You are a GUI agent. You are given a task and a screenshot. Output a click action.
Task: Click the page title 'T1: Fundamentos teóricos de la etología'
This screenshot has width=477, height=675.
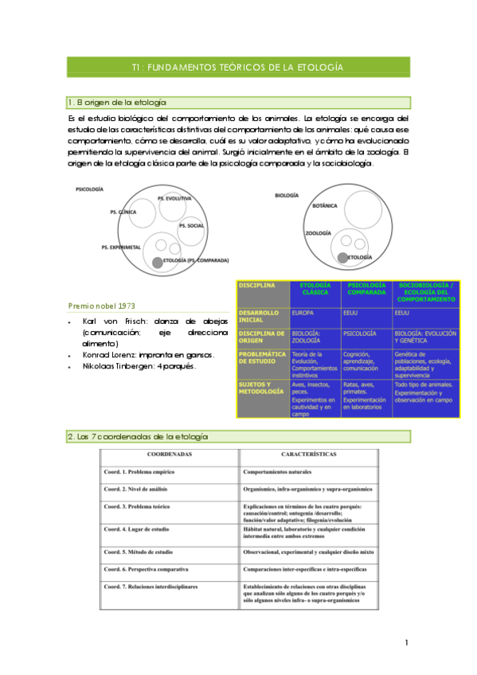coord(238,68)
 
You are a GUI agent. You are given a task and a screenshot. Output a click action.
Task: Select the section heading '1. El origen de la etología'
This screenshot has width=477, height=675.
coord(118,103)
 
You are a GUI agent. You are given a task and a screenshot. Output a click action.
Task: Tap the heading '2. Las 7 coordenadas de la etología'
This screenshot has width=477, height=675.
coord(138,437)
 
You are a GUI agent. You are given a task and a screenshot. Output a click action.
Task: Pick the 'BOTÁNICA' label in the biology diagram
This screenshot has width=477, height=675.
coord(325,205)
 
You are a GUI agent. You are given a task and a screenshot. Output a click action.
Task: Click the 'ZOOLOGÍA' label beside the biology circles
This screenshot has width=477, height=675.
coord(319,233)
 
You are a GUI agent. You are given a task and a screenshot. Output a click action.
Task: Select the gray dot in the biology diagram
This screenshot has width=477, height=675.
coord(342,257)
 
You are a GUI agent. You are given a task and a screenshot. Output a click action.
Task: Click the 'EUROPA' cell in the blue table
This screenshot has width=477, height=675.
coord(303,313)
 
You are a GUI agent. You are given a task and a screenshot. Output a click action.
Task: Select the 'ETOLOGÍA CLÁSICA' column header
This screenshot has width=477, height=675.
coord(315,289)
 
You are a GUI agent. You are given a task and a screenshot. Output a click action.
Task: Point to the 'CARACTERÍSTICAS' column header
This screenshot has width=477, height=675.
coord(309,454)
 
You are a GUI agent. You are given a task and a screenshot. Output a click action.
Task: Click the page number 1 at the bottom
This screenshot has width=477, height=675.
coord(405,642)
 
